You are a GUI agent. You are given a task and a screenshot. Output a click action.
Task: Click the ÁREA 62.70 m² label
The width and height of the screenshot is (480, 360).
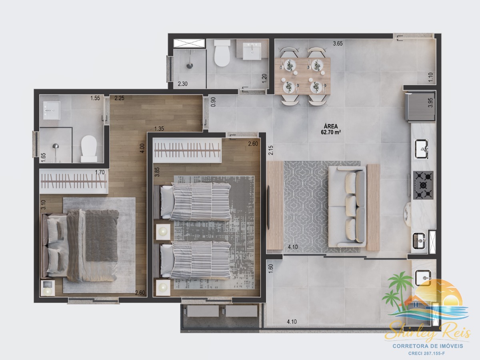pos(331,129)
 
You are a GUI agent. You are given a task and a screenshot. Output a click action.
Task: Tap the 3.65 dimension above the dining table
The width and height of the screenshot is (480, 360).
pos(338,44)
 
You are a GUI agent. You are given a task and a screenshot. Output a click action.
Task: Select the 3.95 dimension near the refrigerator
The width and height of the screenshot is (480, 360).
pos(430,102)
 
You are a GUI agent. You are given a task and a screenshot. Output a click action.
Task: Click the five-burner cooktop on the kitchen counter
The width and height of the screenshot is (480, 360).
pos(423,185)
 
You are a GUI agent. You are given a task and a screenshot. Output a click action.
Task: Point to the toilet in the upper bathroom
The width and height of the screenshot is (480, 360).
pos(222,53)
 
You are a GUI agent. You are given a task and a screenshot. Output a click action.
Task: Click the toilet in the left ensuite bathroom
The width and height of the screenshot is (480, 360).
pos(89,149)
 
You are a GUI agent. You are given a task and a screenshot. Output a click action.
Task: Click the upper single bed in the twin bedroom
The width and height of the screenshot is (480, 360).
pos(192,202)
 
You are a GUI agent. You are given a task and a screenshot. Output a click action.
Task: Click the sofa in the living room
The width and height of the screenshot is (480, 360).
pos(348,206)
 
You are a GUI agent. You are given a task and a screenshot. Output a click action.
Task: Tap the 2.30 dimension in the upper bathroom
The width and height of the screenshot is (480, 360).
pos(182,84)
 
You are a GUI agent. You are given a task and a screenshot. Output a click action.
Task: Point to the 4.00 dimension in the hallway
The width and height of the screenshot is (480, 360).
pos(142,148)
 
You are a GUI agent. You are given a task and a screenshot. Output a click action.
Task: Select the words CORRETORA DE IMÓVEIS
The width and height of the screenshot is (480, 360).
pos(428,346)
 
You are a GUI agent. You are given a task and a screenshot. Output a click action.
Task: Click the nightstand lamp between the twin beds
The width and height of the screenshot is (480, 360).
pos(163,232)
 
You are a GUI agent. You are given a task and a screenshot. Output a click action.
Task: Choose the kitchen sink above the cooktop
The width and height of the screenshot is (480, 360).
pos(421,149)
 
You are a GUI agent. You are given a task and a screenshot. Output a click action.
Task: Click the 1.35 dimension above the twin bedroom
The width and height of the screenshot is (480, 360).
pos(159,129)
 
